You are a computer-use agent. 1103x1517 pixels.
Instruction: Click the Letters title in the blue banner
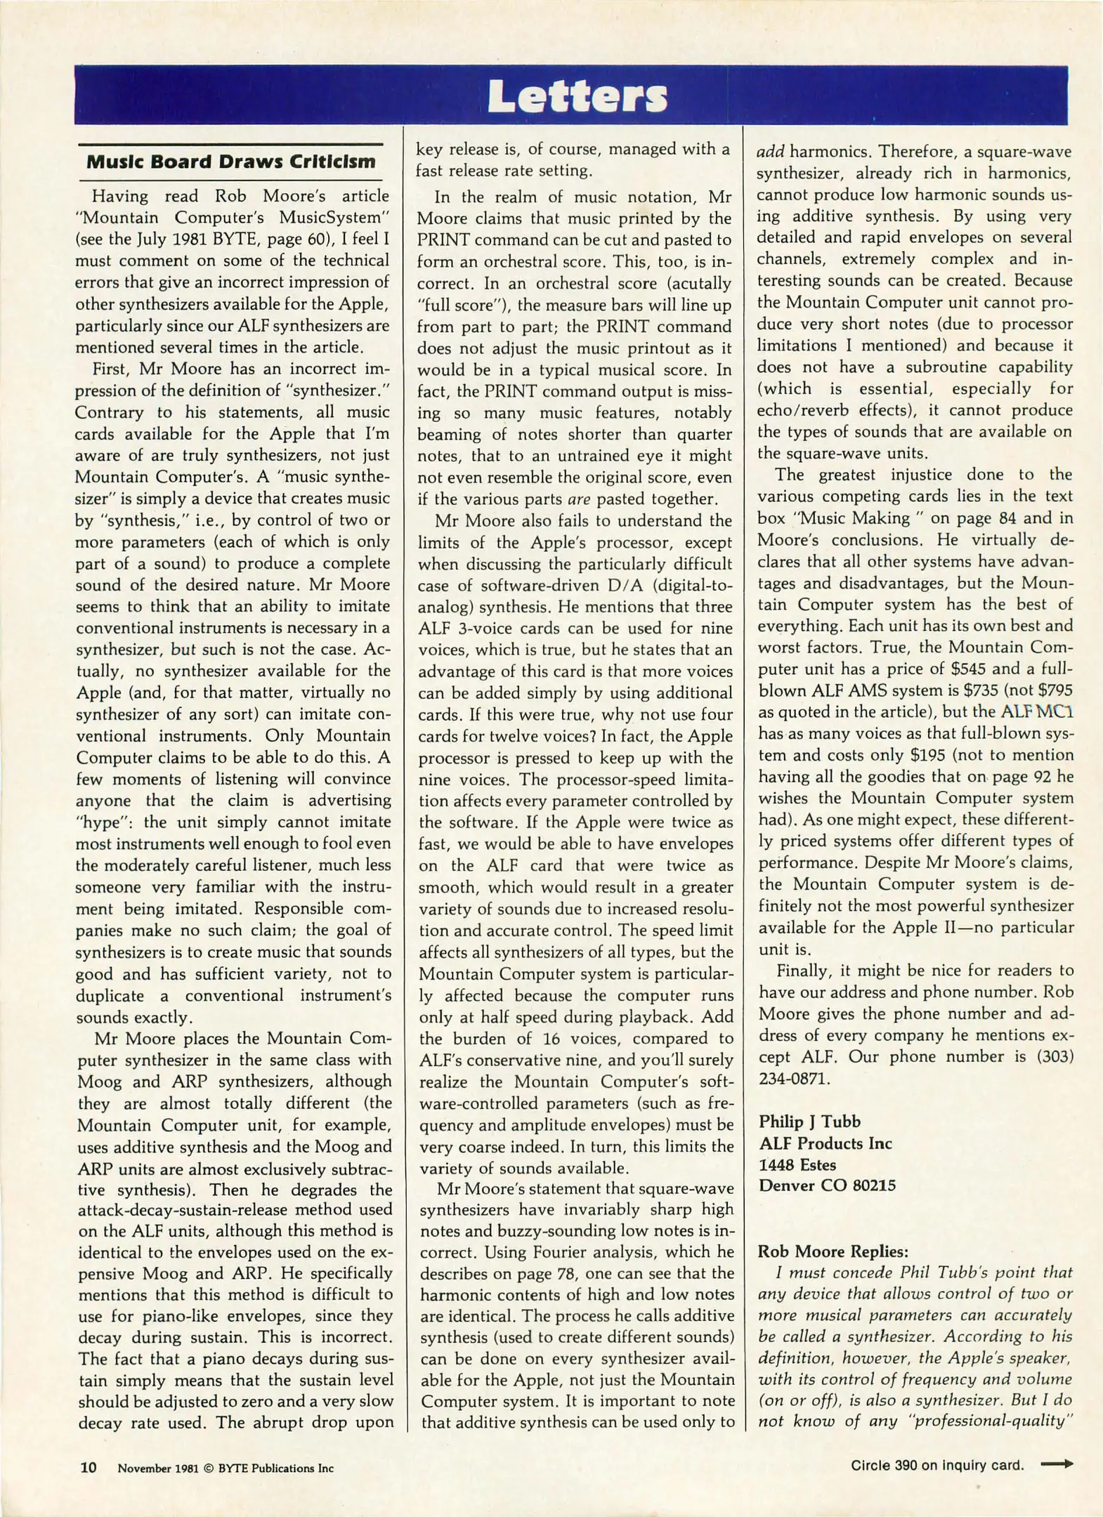click(577, 96)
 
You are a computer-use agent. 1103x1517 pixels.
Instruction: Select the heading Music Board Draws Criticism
click(230, 162)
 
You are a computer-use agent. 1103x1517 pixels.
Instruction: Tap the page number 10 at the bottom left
click(89, 1467)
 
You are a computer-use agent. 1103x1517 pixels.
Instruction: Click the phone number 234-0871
click(793, 1078)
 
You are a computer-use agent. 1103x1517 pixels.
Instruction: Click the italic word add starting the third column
click(770, 152)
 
